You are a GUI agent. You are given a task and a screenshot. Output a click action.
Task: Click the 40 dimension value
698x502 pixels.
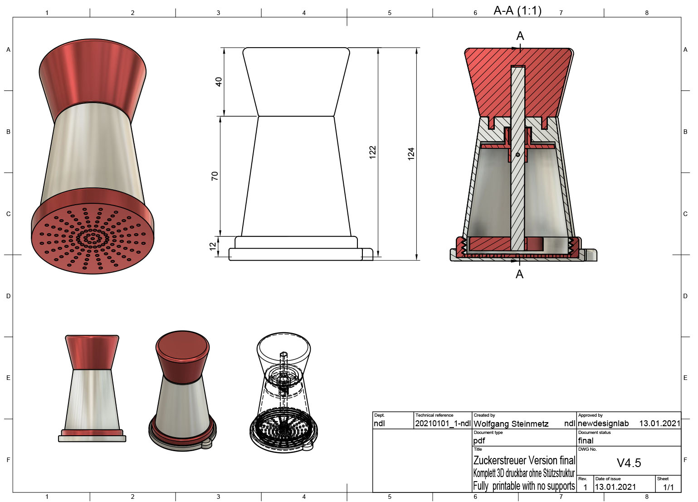point(219,82)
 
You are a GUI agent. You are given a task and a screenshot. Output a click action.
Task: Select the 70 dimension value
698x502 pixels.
point(215,176)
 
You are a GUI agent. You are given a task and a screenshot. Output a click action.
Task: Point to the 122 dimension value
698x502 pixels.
point(373,152)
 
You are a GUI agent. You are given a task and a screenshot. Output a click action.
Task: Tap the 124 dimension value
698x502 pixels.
point(411,154)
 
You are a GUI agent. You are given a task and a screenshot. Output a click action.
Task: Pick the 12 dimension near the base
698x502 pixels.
point(213,246)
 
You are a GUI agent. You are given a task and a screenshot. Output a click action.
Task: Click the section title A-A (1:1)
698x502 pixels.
point(517,10)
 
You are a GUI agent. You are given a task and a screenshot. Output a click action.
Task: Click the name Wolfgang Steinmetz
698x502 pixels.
point(511,424)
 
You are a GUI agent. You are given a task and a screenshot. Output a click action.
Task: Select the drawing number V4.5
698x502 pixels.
point(629,463)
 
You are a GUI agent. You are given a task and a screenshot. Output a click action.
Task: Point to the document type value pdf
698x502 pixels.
point(479,441)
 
